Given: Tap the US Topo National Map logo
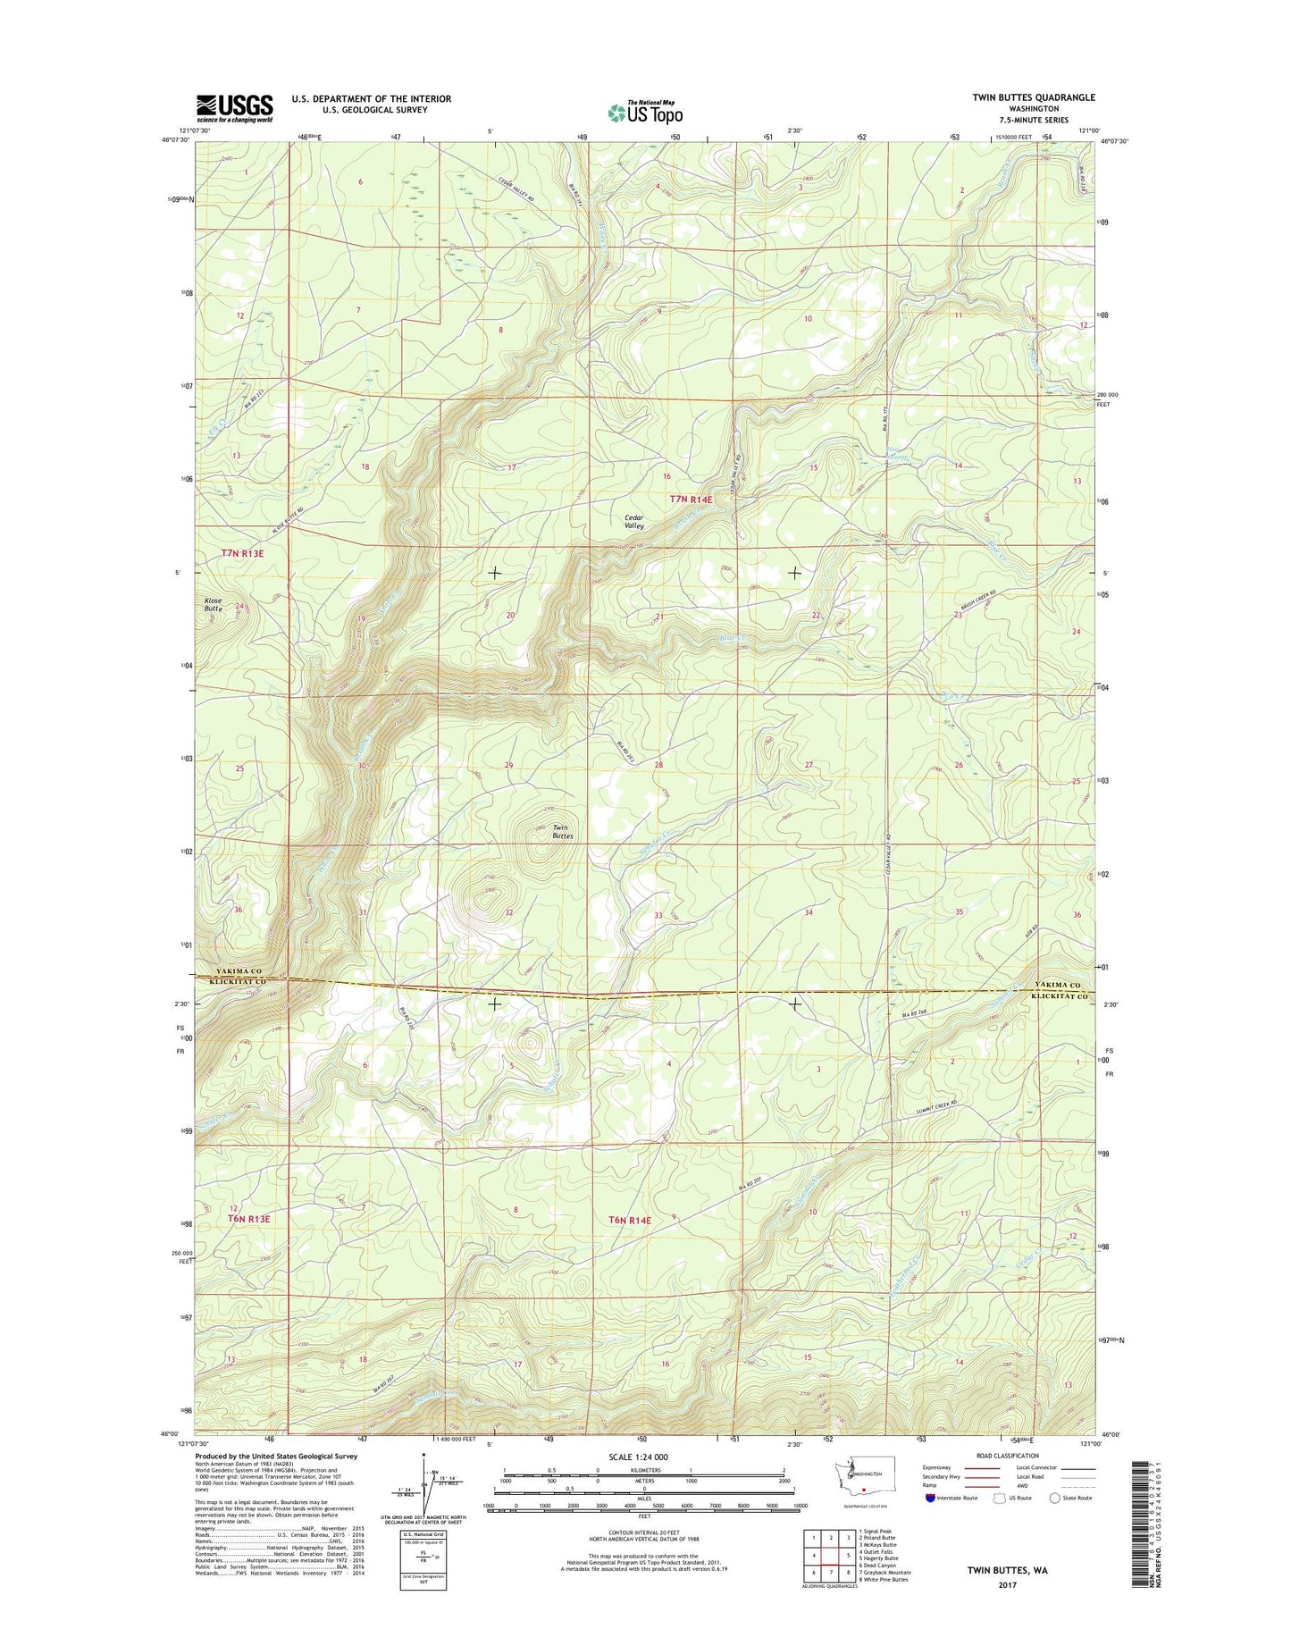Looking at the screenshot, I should (645, 113).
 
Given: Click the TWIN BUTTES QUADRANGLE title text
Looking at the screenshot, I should (1035, 97).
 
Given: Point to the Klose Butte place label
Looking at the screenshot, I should (213, 604).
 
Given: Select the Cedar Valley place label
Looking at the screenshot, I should (633, 522).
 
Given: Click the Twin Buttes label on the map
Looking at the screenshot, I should (561, 832).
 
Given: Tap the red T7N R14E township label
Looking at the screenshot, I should (691, 500).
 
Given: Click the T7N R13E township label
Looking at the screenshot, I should (242, 553).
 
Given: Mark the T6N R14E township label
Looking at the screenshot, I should (631, 1220).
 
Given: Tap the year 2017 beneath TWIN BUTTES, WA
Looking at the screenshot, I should (1007, 1585).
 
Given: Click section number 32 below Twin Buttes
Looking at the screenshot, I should (508, 912).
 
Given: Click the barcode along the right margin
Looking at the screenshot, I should (1137, 1535).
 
